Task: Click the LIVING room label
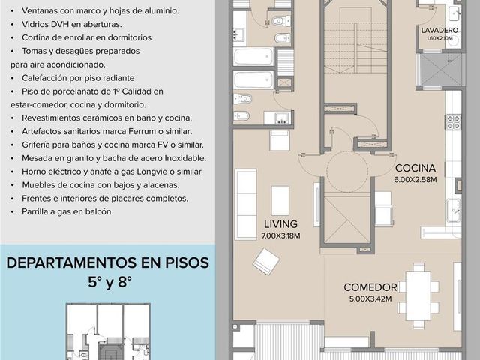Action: [x=280, y=224]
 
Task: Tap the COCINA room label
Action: [x=415, y=168]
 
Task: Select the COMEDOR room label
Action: [x=370, y=287]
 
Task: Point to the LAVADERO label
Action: [x=439, y=30]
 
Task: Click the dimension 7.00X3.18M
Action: [x=280, y=235]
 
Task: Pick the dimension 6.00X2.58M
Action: [x=415, y=180]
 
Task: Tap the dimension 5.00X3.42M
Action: [x=370, y=298]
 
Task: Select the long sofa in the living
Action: [x=246, y=204]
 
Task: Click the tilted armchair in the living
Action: [x=265, y=262]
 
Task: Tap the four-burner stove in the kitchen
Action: [x=453, y=122]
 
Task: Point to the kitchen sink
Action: [x=454, y=210]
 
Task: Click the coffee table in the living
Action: [x=280, y=201]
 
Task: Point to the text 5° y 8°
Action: [x=109, y=282]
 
